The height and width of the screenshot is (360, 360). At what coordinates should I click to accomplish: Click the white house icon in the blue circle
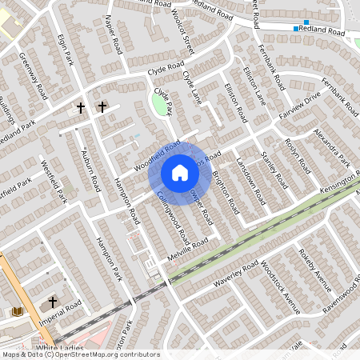click(180, 173)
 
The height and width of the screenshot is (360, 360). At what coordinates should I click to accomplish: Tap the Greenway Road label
click(34, 77)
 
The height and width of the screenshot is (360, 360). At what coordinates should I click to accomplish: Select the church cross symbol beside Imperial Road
click(53, 302)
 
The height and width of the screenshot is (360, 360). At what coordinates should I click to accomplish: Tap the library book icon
click(18, 310)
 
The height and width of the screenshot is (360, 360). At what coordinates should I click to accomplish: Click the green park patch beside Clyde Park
click(160, 104)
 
